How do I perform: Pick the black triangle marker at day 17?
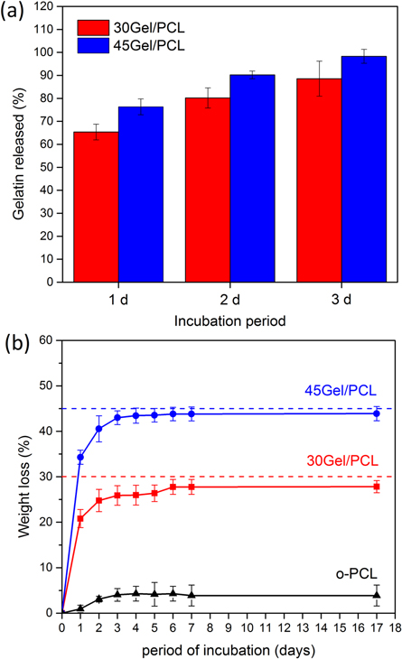pyautogui.click(x=376, y=595)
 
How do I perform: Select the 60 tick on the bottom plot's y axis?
pyautogui.click(x=49, y=340)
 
